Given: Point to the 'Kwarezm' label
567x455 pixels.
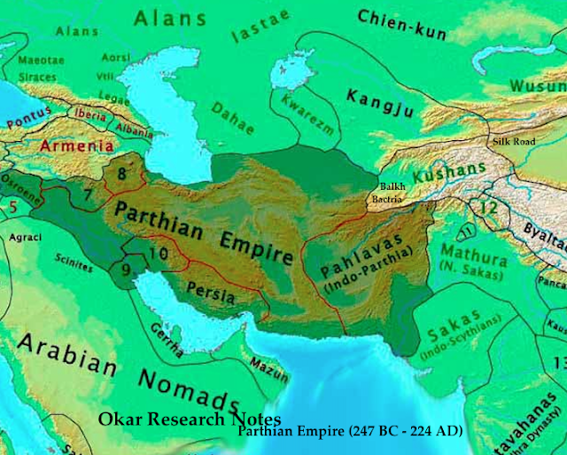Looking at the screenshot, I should point(303,129).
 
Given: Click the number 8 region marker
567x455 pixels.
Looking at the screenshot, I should point(122,176).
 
